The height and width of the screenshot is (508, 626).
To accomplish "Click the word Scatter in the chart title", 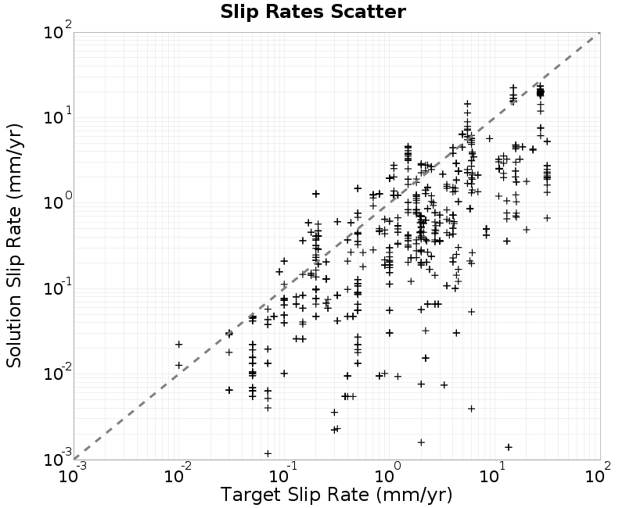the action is point(368,12).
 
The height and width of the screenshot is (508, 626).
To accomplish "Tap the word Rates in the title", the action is point(296,12).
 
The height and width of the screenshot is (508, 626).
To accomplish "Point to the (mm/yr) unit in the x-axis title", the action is point(414,495).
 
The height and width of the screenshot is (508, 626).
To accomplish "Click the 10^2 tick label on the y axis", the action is point(57,31).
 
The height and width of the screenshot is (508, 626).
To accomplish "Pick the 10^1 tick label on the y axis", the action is point(57,116).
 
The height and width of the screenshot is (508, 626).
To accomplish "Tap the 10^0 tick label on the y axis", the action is point(57,202).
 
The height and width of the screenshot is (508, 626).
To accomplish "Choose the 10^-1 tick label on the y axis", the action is point(57,288).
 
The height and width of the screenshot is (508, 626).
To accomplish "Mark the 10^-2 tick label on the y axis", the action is point(57,374).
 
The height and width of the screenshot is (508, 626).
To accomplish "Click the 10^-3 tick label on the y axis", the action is point(57,459).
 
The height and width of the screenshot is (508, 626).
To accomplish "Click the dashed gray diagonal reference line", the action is point(337,246).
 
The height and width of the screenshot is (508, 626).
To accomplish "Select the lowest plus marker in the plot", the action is point(268,453).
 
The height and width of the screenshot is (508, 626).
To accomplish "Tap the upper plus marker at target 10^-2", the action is point(179,344).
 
